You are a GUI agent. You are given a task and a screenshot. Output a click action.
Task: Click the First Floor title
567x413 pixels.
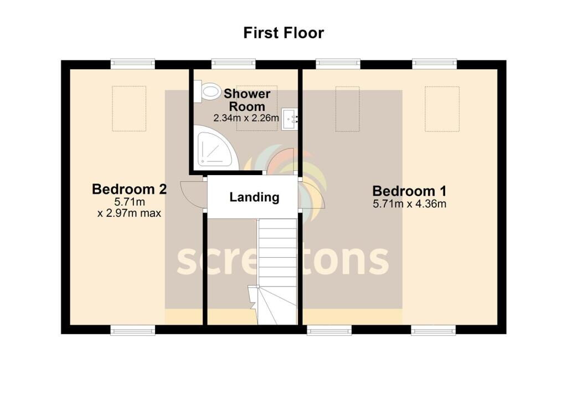(283, 33)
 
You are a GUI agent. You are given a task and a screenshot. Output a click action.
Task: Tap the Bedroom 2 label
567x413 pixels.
(129, 189)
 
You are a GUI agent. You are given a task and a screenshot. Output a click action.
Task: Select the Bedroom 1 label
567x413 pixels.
(409, 191)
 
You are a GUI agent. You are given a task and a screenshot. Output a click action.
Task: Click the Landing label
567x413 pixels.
(254, 197)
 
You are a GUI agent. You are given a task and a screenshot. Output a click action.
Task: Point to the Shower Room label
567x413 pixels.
(247, 100)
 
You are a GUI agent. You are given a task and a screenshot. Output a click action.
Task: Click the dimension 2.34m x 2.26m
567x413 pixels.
(246, 118)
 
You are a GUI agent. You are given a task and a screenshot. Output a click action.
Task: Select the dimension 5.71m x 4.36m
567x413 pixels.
(409, 204)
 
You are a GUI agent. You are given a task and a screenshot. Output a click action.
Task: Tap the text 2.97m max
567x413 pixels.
(133, 213)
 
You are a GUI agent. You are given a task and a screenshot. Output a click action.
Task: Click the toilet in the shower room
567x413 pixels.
(207, 91)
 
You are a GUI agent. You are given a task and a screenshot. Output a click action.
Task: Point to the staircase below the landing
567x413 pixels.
(277, 272)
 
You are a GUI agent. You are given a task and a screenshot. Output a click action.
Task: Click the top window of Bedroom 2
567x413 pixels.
(133, 64)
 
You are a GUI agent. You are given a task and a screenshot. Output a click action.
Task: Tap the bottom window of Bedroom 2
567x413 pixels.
(133, 330)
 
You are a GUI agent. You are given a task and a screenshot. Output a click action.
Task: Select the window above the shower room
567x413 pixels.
(234, 64)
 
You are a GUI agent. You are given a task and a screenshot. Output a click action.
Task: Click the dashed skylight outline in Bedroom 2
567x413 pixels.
(129, 108)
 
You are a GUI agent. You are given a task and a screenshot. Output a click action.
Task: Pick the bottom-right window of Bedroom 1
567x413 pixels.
(433, 330)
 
